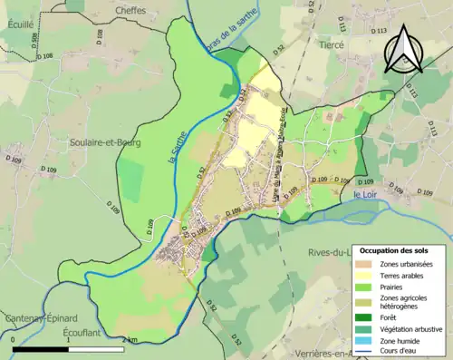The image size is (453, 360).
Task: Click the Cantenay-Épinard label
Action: tap(39, 318)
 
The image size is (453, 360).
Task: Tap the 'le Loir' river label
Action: tap(364, 194)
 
